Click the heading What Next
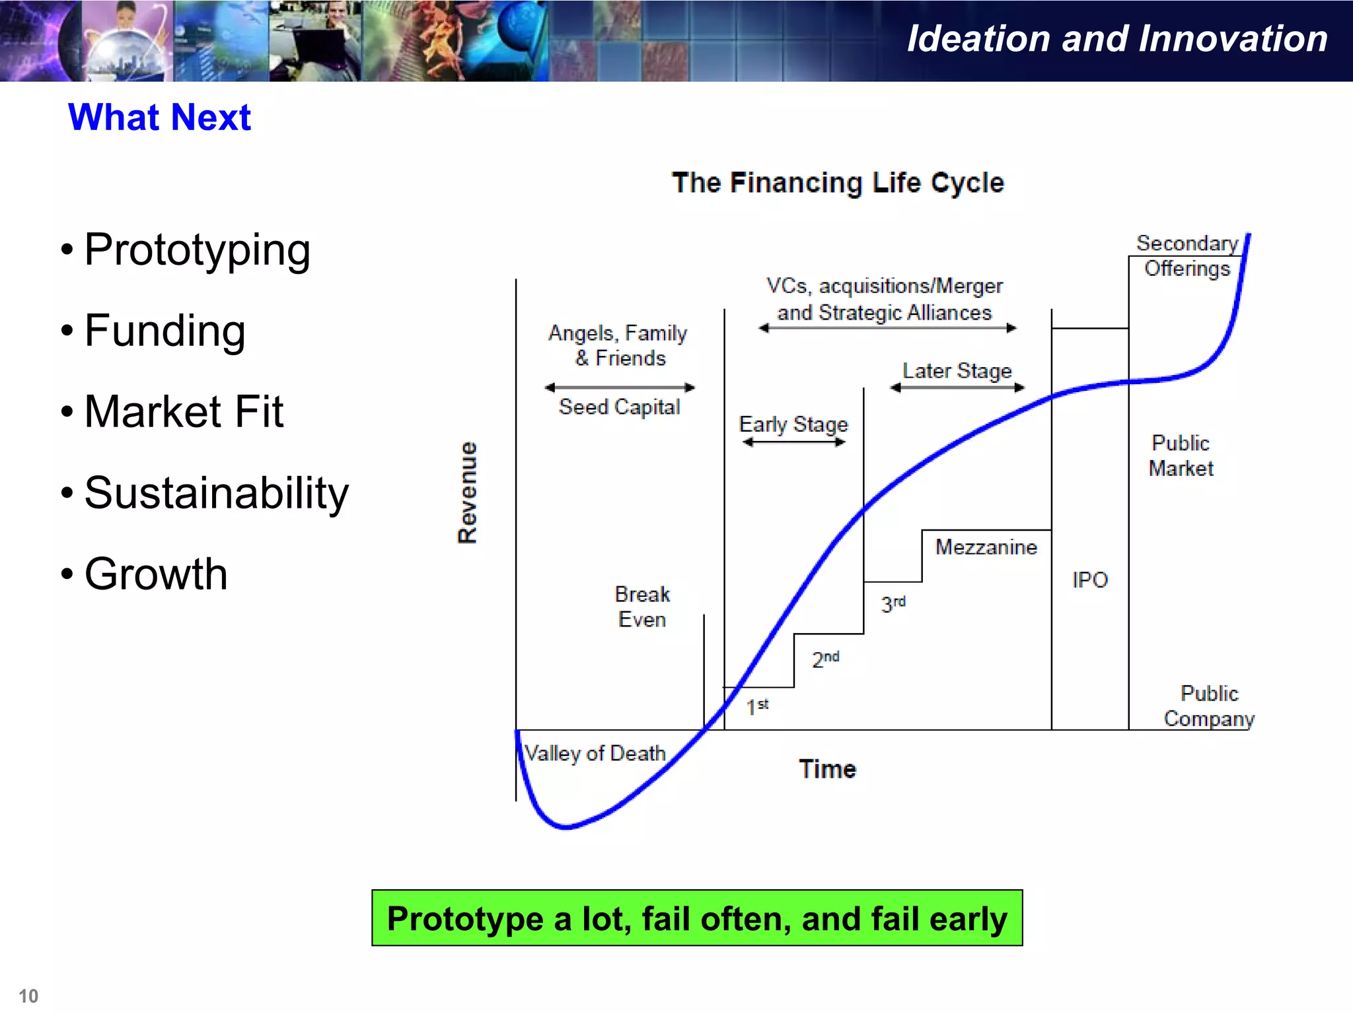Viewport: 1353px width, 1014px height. coord(159,118)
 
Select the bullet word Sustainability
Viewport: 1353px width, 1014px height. coord(216,493)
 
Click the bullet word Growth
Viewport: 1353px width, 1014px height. coord(156,574)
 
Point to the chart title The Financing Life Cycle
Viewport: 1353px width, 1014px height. coord(838,183)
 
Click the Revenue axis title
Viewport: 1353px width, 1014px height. coord(468,492)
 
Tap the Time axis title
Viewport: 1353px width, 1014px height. coord(827,770)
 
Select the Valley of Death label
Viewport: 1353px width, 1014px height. coord(595,753)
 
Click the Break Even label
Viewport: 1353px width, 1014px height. coord(642,607)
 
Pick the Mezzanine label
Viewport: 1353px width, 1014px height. coord(986,547)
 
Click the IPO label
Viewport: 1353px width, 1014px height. coord(1089,580)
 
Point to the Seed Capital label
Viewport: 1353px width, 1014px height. coord(619,407)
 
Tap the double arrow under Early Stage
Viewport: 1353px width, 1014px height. coord(793,442)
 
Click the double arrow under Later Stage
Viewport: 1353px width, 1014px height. coord(957,388)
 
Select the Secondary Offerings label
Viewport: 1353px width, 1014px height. coord(1187,256)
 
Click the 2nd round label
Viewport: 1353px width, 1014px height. coord(825,659)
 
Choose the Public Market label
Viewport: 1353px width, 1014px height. coord(1181,456)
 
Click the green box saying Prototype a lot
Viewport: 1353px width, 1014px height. coord(697,918)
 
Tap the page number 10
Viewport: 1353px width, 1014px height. coord(28,996)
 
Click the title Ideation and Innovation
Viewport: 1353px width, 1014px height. coord(1117,38)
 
